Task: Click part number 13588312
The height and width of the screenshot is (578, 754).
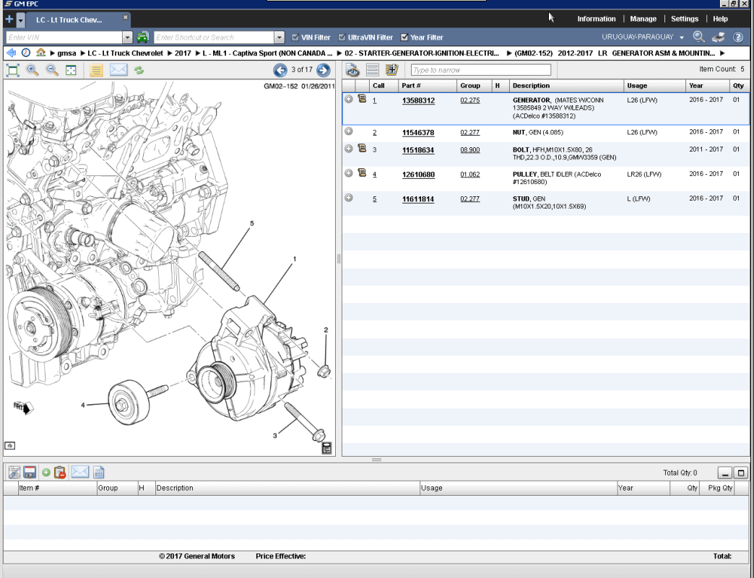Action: click(x=418, y=101)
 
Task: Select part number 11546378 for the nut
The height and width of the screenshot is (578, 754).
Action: click(x=418, y=133)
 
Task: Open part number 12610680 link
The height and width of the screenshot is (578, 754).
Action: click(x=418, y=175)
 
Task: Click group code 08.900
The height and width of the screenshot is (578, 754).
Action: click(x=469, y=150)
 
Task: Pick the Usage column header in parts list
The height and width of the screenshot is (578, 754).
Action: click(x=637, y=86)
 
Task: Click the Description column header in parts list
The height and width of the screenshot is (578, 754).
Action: click(x=531, y=86)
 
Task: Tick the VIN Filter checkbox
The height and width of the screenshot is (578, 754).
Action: click(x=295, y=38)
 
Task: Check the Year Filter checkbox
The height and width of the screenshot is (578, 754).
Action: click(x=404, y=38)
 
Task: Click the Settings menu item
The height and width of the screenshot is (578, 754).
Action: click(x=684, y=19)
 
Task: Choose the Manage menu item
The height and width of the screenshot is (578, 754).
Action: click(x=643, y=19)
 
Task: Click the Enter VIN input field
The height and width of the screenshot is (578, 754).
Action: click(x=64, y=38)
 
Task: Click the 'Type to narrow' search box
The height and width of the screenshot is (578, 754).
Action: click(x=480, y=70)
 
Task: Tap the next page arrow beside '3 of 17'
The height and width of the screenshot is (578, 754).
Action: click(x=324, y=70)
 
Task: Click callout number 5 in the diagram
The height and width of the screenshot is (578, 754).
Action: click(x=252, y=224)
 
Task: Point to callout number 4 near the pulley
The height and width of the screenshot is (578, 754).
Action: click(x=83, y=406)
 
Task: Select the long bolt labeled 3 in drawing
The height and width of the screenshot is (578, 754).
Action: click(x=303, y=421)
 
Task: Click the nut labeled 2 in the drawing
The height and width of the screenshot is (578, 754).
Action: click(x=324, y=371)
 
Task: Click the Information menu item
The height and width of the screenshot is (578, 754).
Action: click(x=596, y=19)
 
